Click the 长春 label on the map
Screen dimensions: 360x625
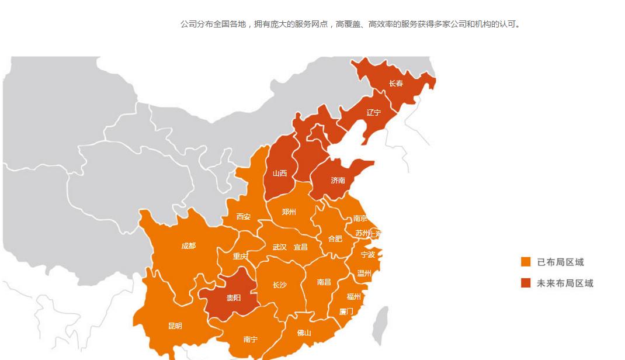[396, 84]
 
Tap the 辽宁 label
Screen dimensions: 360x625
[373, 112]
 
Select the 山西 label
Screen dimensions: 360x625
[280, 173]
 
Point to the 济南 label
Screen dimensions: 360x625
[338, 181]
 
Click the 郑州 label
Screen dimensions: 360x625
[289, 212]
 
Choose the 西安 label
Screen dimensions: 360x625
[243, 217]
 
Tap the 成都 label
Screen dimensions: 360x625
[188, 246]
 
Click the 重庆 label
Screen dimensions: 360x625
[240, 257]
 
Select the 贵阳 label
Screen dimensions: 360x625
[233, 297]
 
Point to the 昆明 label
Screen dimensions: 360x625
[175, 326]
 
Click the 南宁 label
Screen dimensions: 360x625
[250, 340]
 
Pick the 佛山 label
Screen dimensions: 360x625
[304, 333]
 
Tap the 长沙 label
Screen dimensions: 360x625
[279, 285]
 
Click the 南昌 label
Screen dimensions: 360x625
[324, 282]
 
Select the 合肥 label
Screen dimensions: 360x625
[335, 238]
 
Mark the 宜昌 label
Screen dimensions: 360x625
[300, 247]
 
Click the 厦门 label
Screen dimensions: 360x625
[346, 311]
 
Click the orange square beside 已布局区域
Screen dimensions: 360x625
[526, 262]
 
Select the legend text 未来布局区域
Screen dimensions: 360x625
[565, 283]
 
